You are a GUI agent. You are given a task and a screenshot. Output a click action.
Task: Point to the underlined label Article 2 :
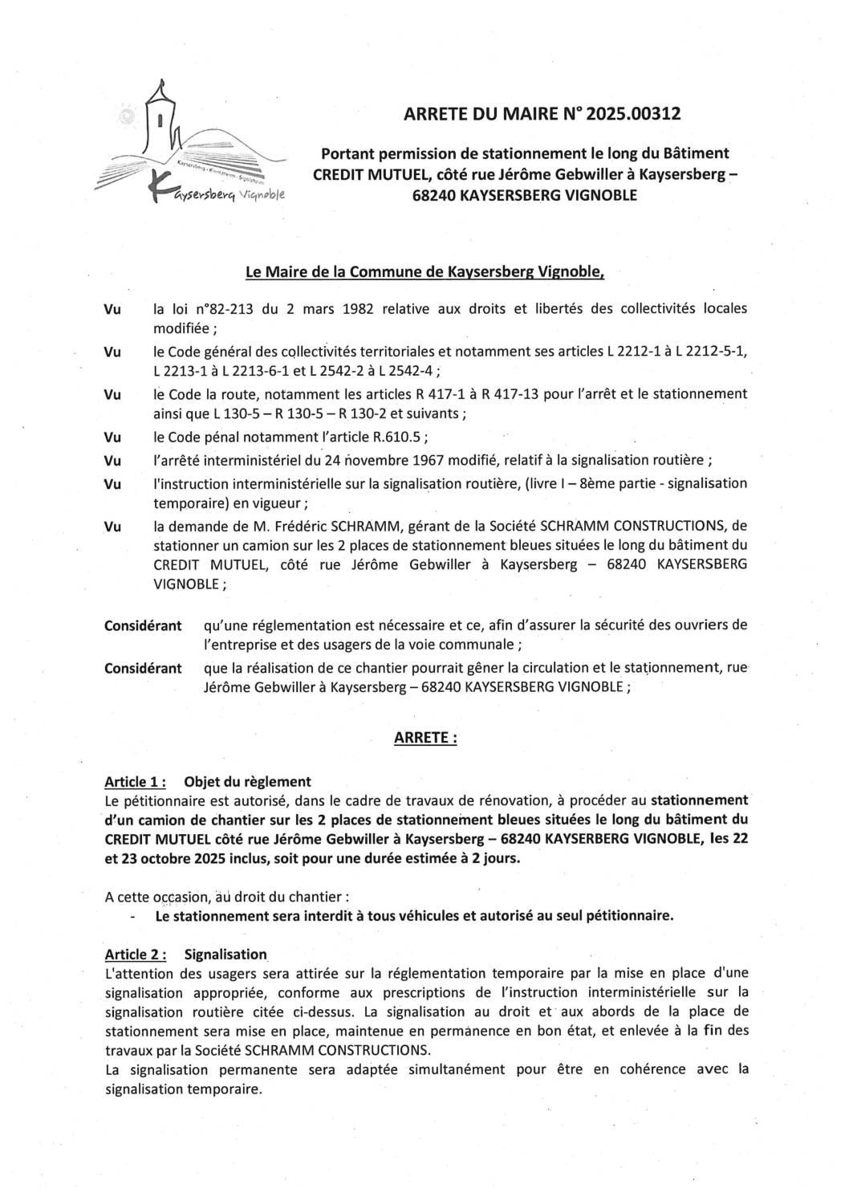click(135, 954)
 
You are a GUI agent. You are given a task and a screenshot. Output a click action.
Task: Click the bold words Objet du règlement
click(247, 781)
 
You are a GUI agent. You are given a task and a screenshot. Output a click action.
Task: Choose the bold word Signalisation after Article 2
click(225, 954)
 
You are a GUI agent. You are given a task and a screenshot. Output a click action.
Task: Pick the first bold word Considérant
click(143, 625)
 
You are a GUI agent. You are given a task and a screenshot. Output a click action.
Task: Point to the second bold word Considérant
click(143, 668)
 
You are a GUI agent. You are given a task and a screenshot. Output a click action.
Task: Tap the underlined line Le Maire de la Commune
click(424, 272)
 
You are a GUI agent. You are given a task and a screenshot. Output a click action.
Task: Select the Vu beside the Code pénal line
click(112, 438)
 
